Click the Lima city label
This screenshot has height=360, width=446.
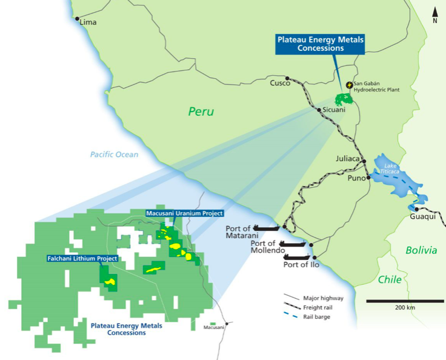pyautogui.click(x=88, y=22)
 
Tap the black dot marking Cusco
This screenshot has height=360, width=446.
pyautogui.click(x=287, y=78)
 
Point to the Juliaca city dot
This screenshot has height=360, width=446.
pyautogui.click(x=365, y=159)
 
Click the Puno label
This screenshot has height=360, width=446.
pyautogui.click(x=354, y=178)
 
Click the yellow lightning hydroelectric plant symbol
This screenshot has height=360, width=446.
pyautogui.click(x=349, y=85)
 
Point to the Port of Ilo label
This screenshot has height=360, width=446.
pyautogui.click(x=299, y=264)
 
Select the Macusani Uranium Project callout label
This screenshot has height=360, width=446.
pyautogui.click(x=184, y=213)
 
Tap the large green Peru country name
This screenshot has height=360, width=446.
pyautogui.click(x=202, y=112)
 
